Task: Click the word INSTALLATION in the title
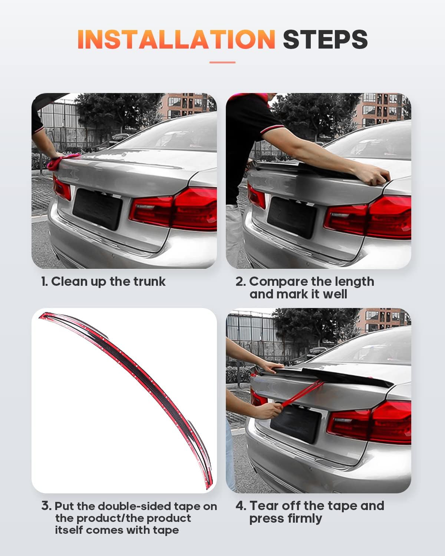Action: point(176,39)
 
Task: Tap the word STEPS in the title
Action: point(325,39)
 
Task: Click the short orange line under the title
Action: point(222,62)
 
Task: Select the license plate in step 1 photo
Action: point(97,209)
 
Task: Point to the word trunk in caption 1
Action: point(149,281)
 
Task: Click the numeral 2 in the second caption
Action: point(240,282)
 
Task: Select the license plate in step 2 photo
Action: point(292,217)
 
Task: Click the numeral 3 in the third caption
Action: point(46,506)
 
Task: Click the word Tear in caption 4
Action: point(264,506)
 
